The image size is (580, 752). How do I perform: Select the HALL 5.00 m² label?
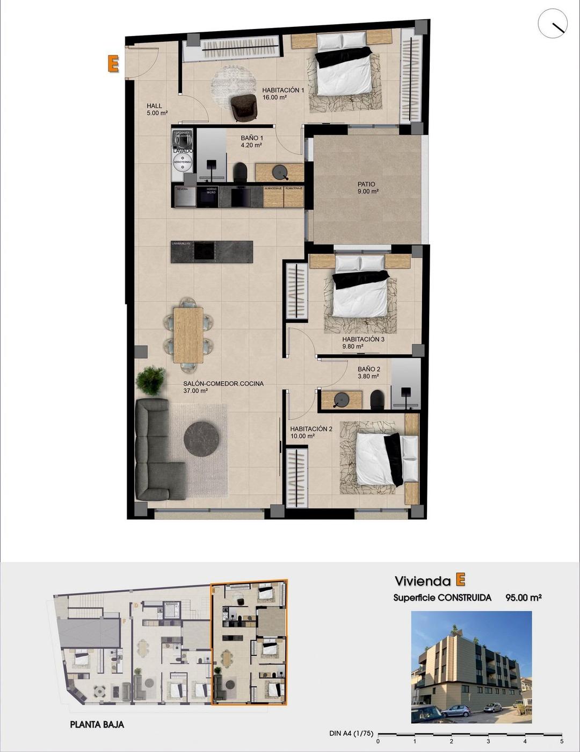pyautogui.click(x=157, y=110)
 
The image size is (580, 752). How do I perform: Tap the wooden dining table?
pyautogui.click(x=189, y=334)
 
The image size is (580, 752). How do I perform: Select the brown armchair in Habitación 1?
pyautogui.click(x=244, y=107)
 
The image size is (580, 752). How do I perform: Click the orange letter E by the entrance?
pyautogui.click(x=113, y=63)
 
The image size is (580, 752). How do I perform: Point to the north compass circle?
pyautogui.click(x=553, y=23)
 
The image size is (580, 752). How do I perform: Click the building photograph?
pyautogui.click(x=471, y=667)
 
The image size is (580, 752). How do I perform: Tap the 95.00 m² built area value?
pyautogui.click(x=523, y=597)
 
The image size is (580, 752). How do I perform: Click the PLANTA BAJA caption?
pyautogui.click(x=97, y=725)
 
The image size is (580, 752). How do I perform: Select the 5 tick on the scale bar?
pyautogui.click(x=561, y=741)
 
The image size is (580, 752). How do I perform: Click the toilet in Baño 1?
pyautogui.click(x=240, y=171)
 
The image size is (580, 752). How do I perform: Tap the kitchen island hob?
pyautogui.click(x=204, y=250)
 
